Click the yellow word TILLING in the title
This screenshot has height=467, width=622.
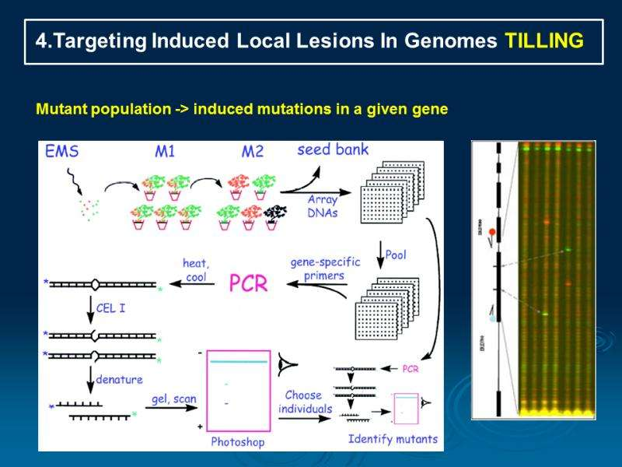[544, 42]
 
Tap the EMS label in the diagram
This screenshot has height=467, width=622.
[63, 152]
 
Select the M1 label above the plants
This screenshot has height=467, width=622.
[164, 152]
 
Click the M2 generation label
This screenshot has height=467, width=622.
[252, 152]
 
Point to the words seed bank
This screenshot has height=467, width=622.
[333, 149]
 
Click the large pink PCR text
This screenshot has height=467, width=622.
[247, 283]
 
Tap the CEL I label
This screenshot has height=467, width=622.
[111, 308]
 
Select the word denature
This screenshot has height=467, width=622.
[119, 379]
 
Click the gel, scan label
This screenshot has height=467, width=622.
[174, 399]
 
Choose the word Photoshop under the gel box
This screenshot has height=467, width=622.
[238, 441]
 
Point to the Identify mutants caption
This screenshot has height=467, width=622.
[393, 439]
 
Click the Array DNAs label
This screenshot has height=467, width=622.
[323, 207]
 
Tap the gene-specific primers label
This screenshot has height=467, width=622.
[325, 268]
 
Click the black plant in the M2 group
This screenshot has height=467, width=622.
[274, 212]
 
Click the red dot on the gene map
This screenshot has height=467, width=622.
[491, 231]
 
